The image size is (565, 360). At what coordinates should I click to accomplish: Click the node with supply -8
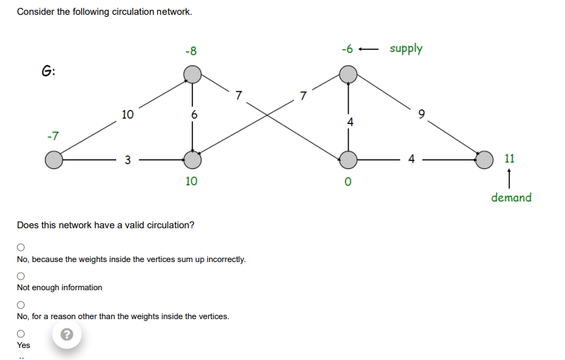[x=192, y=73]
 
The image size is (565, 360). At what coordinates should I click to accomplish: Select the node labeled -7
[x=54, y=161]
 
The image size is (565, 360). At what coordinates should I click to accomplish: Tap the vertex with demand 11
[x=485, y=160]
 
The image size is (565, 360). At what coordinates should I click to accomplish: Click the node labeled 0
[x=348, y=160]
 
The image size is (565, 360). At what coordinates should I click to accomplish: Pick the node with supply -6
[x=348, y=73]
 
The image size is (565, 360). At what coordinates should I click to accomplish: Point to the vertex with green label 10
[x=192, y=160]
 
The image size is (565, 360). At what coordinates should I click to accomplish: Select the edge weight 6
[x=194, y=114]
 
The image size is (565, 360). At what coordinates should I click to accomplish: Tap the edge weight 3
[x=128, y=160]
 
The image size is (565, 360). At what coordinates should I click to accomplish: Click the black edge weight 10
[x=126, y=114]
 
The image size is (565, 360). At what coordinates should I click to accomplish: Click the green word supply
[x=406, y=49]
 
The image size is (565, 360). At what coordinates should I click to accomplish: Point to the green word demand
[x=511, y=197]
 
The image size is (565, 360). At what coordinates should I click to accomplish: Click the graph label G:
[x=49, y=70]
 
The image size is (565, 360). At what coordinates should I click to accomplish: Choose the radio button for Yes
[x=21, y=333]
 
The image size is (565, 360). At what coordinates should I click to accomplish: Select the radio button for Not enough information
[x=21, y=275]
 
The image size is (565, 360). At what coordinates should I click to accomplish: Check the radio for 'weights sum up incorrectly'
[x=21, y=247]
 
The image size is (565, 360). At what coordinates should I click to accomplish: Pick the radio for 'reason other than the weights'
[x=21, y=304]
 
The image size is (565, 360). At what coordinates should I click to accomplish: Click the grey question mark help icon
[x=67, y=335]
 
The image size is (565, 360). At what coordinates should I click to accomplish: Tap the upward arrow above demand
[x=509, y=176]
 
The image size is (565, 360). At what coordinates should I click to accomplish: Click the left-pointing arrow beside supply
[x=369, y=49]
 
